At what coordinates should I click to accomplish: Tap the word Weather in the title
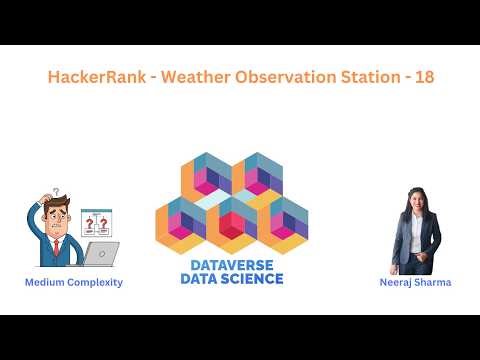[x=186, y=77]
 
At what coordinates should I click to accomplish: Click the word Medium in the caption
[x=46, y=283]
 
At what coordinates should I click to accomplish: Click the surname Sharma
[x=436, y=283]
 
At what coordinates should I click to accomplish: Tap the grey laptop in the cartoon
[x=100, y=253]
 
